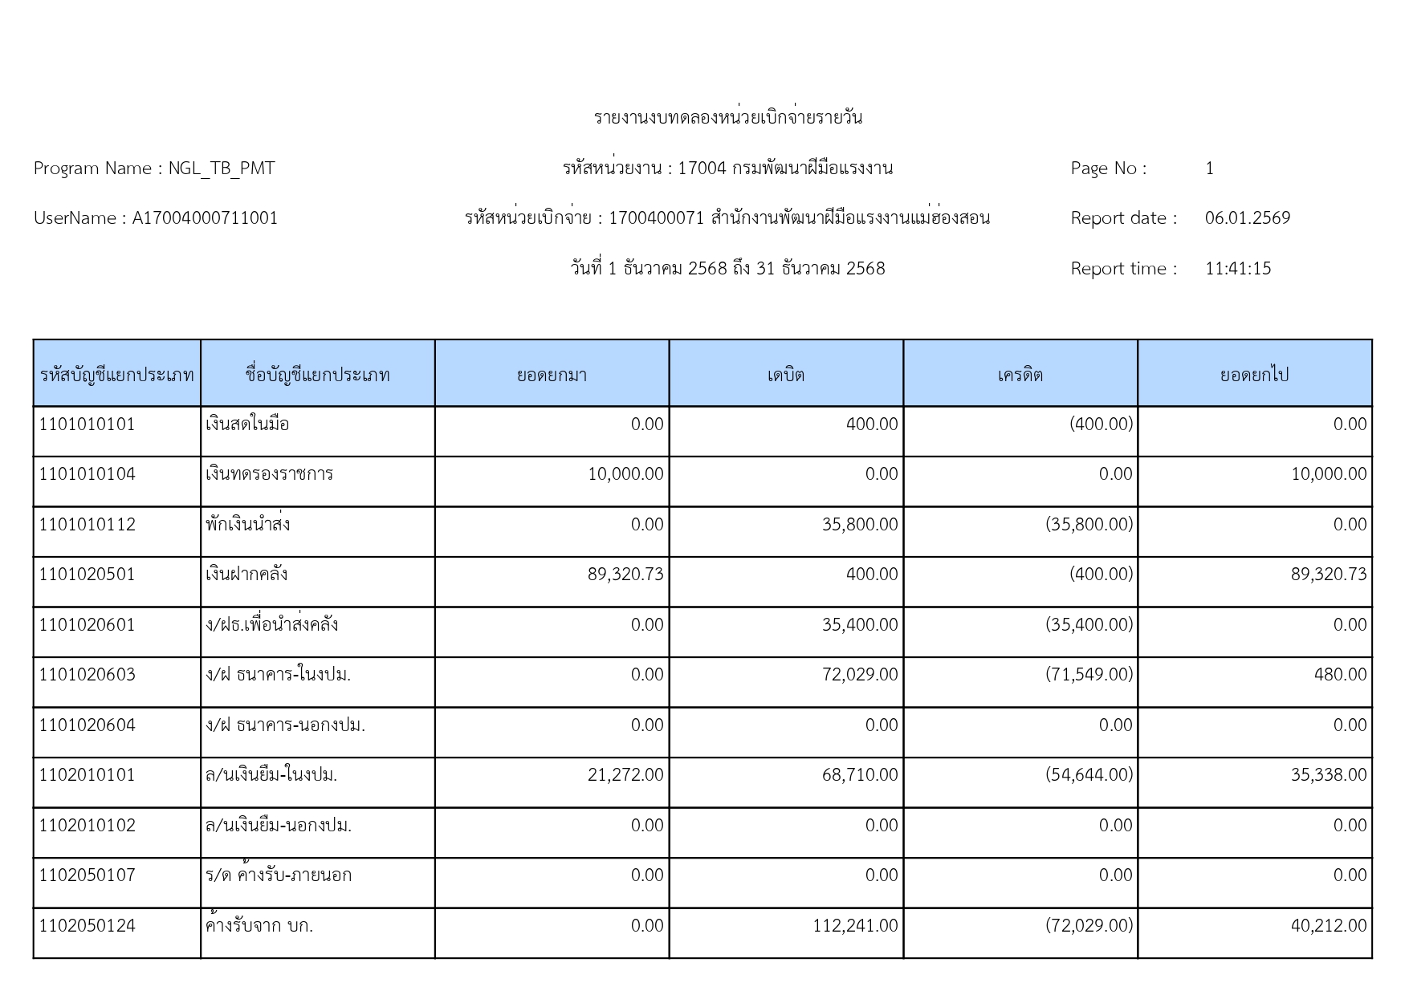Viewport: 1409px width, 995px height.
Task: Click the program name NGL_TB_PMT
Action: point(221,169)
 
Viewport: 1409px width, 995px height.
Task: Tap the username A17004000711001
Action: point(205,218)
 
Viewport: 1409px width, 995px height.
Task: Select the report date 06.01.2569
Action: point(1247,218)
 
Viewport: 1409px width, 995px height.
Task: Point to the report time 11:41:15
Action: point(1237,269)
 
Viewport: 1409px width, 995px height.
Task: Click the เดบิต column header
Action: point(785,375)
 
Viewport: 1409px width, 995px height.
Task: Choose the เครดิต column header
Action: point(1020,375)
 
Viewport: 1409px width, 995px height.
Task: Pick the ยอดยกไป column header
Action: point(1254,375)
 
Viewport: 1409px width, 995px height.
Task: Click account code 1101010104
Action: point(88,474)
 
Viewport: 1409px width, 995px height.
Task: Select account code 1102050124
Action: point(88,926)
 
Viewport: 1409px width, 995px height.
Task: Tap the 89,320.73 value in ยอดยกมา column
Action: point(625,575)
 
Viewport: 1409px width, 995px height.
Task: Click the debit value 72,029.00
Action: point(859,675)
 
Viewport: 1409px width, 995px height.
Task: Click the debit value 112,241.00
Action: point(855,926)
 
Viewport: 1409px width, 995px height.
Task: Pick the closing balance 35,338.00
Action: point(1328,775)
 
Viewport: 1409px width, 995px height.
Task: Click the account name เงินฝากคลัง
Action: point(246,575)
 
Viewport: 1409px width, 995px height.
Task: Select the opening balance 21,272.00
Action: point(625,775)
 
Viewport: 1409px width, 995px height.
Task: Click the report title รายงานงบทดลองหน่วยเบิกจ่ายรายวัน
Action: point(728,118)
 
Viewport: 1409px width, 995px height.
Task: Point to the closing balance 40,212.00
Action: point(1328,926)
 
